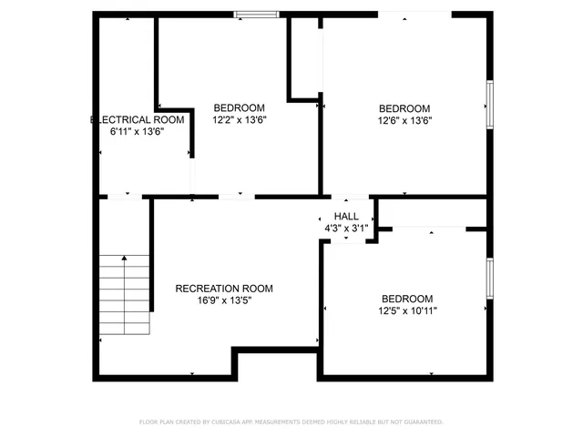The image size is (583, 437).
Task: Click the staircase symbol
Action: [125, 294]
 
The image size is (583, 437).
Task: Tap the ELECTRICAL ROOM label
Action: [138, 119]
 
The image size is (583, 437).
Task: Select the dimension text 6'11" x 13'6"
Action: [138, 131]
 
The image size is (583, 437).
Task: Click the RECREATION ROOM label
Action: [224, 289]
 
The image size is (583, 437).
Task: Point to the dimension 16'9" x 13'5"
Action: [224, 300]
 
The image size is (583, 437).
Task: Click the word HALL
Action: [346, 216]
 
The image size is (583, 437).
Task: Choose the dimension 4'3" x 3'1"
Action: [346, 229]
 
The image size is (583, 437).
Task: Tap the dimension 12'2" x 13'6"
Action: [239, 119]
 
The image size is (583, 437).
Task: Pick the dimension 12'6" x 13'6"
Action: [404, 119]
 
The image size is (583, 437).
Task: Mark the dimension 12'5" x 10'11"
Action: [407, 311]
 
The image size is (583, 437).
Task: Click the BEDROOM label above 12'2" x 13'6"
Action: [239, 107]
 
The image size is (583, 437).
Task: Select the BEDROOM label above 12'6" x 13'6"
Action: [404, 107]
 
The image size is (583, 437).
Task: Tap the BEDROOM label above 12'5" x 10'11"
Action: [407, 299]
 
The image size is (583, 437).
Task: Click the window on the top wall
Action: [256, 14]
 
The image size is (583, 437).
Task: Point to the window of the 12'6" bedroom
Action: [489, 102]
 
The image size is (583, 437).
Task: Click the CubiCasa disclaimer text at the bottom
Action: [291, 422]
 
